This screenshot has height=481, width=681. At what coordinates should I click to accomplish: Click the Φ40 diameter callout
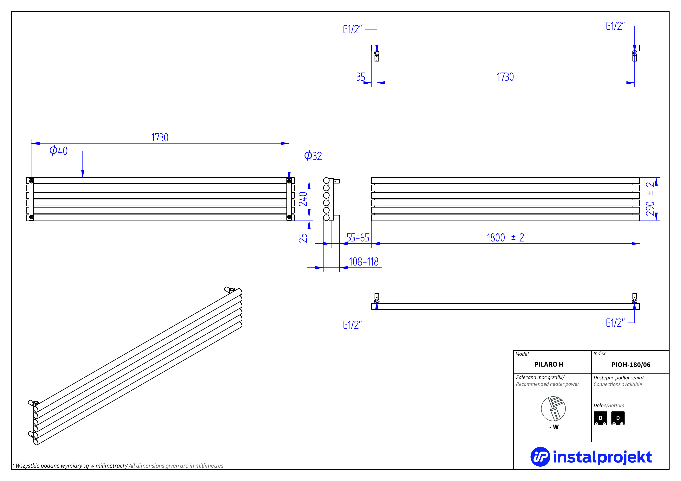click(58, 151)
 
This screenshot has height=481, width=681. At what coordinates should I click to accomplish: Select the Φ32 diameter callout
click(313, 156)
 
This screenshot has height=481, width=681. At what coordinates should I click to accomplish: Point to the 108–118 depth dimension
click(364, 262)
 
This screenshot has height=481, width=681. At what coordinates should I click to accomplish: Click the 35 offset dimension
click(361, 77)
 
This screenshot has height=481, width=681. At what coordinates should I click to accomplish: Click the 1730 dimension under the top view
click(505, 77)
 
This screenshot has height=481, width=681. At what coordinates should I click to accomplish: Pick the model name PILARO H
click(548, 364)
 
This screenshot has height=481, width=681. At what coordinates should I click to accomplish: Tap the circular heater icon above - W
click(553, 409)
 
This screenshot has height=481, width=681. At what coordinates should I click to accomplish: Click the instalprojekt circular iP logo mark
click(540, 457)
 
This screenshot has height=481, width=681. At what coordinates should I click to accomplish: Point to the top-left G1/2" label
click(352, 29)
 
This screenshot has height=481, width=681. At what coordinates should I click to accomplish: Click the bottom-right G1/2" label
click(615, 323)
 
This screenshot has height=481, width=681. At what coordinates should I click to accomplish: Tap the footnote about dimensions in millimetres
click(118, 466)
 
